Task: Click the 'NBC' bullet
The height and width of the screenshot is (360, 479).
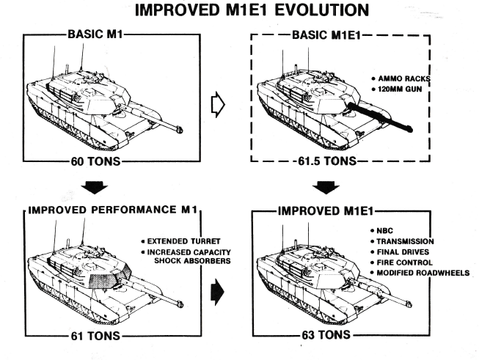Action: [386, 230]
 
